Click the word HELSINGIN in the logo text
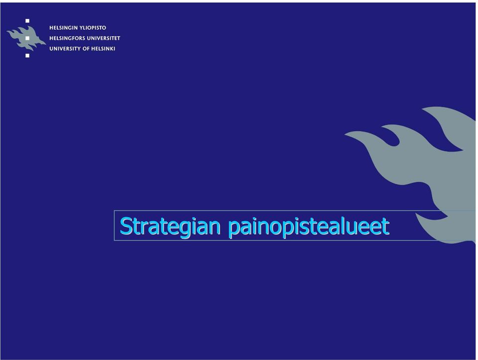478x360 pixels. click(63, 28)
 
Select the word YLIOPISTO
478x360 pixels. click(93, 28)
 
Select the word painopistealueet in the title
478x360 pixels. click(309, 227)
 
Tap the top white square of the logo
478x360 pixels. click(27, 21)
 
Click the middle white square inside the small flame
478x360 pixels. click(27, 38)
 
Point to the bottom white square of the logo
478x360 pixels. click(27, 55)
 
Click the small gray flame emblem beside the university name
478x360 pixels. click(26, 38)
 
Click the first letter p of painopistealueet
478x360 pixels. click(235, 229)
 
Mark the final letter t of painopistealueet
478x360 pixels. click(385, 227)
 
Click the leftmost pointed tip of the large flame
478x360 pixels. click(345, 133)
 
